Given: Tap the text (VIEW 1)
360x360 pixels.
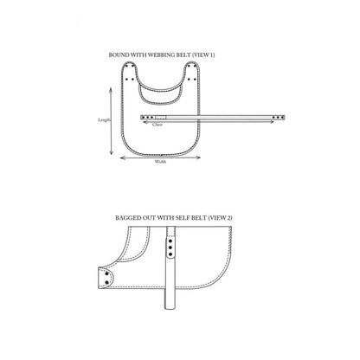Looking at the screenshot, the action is pos(203,55).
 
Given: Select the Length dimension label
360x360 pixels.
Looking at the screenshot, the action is pos(104,120).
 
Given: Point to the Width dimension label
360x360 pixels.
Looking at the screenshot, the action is pos(160,162).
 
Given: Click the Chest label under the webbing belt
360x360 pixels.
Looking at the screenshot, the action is pos(157,125).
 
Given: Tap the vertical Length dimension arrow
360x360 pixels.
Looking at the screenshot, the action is pos(111,121).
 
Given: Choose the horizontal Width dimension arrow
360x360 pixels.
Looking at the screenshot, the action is pos(160,157).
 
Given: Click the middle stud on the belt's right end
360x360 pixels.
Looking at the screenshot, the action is pos(278,118).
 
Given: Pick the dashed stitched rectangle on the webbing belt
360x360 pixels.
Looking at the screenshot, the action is pos(161,117).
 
